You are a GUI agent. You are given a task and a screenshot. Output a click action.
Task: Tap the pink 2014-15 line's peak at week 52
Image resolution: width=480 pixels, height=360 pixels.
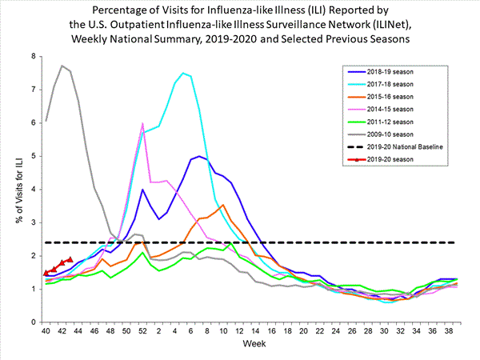pyautogui.click(x=142, y=123)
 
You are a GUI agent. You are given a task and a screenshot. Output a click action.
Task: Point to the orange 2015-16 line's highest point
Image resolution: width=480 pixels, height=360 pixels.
pyautogui.click(x=223, y=205)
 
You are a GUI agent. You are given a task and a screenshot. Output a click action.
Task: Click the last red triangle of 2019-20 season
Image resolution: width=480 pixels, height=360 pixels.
pyautogui.click(x=70, y=259)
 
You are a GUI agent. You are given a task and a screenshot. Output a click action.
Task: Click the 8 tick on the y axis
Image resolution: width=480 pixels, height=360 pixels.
pyautogui.click(x=33, y=56)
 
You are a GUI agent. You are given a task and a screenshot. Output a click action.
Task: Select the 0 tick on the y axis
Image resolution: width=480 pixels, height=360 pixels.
pyautogui.click(x=33, y=322)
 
